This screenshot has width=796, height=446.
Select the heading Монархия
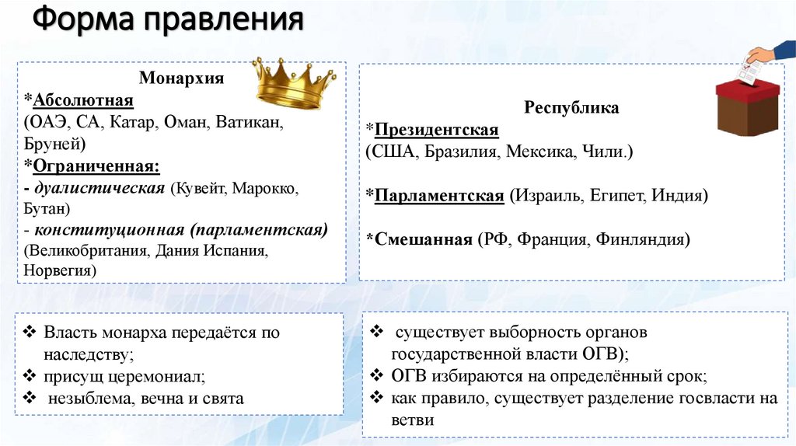point(181,78)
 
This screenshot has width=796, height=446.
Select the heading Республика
point(571,107)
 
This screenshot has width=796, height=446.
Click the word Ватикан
point(252,122)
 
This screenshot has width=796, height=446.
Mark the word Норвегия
point(60,270)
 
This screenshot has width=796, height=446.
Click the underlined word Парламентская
point(439,195)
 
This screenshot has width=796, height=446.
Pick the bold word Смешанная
point(424,239)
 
